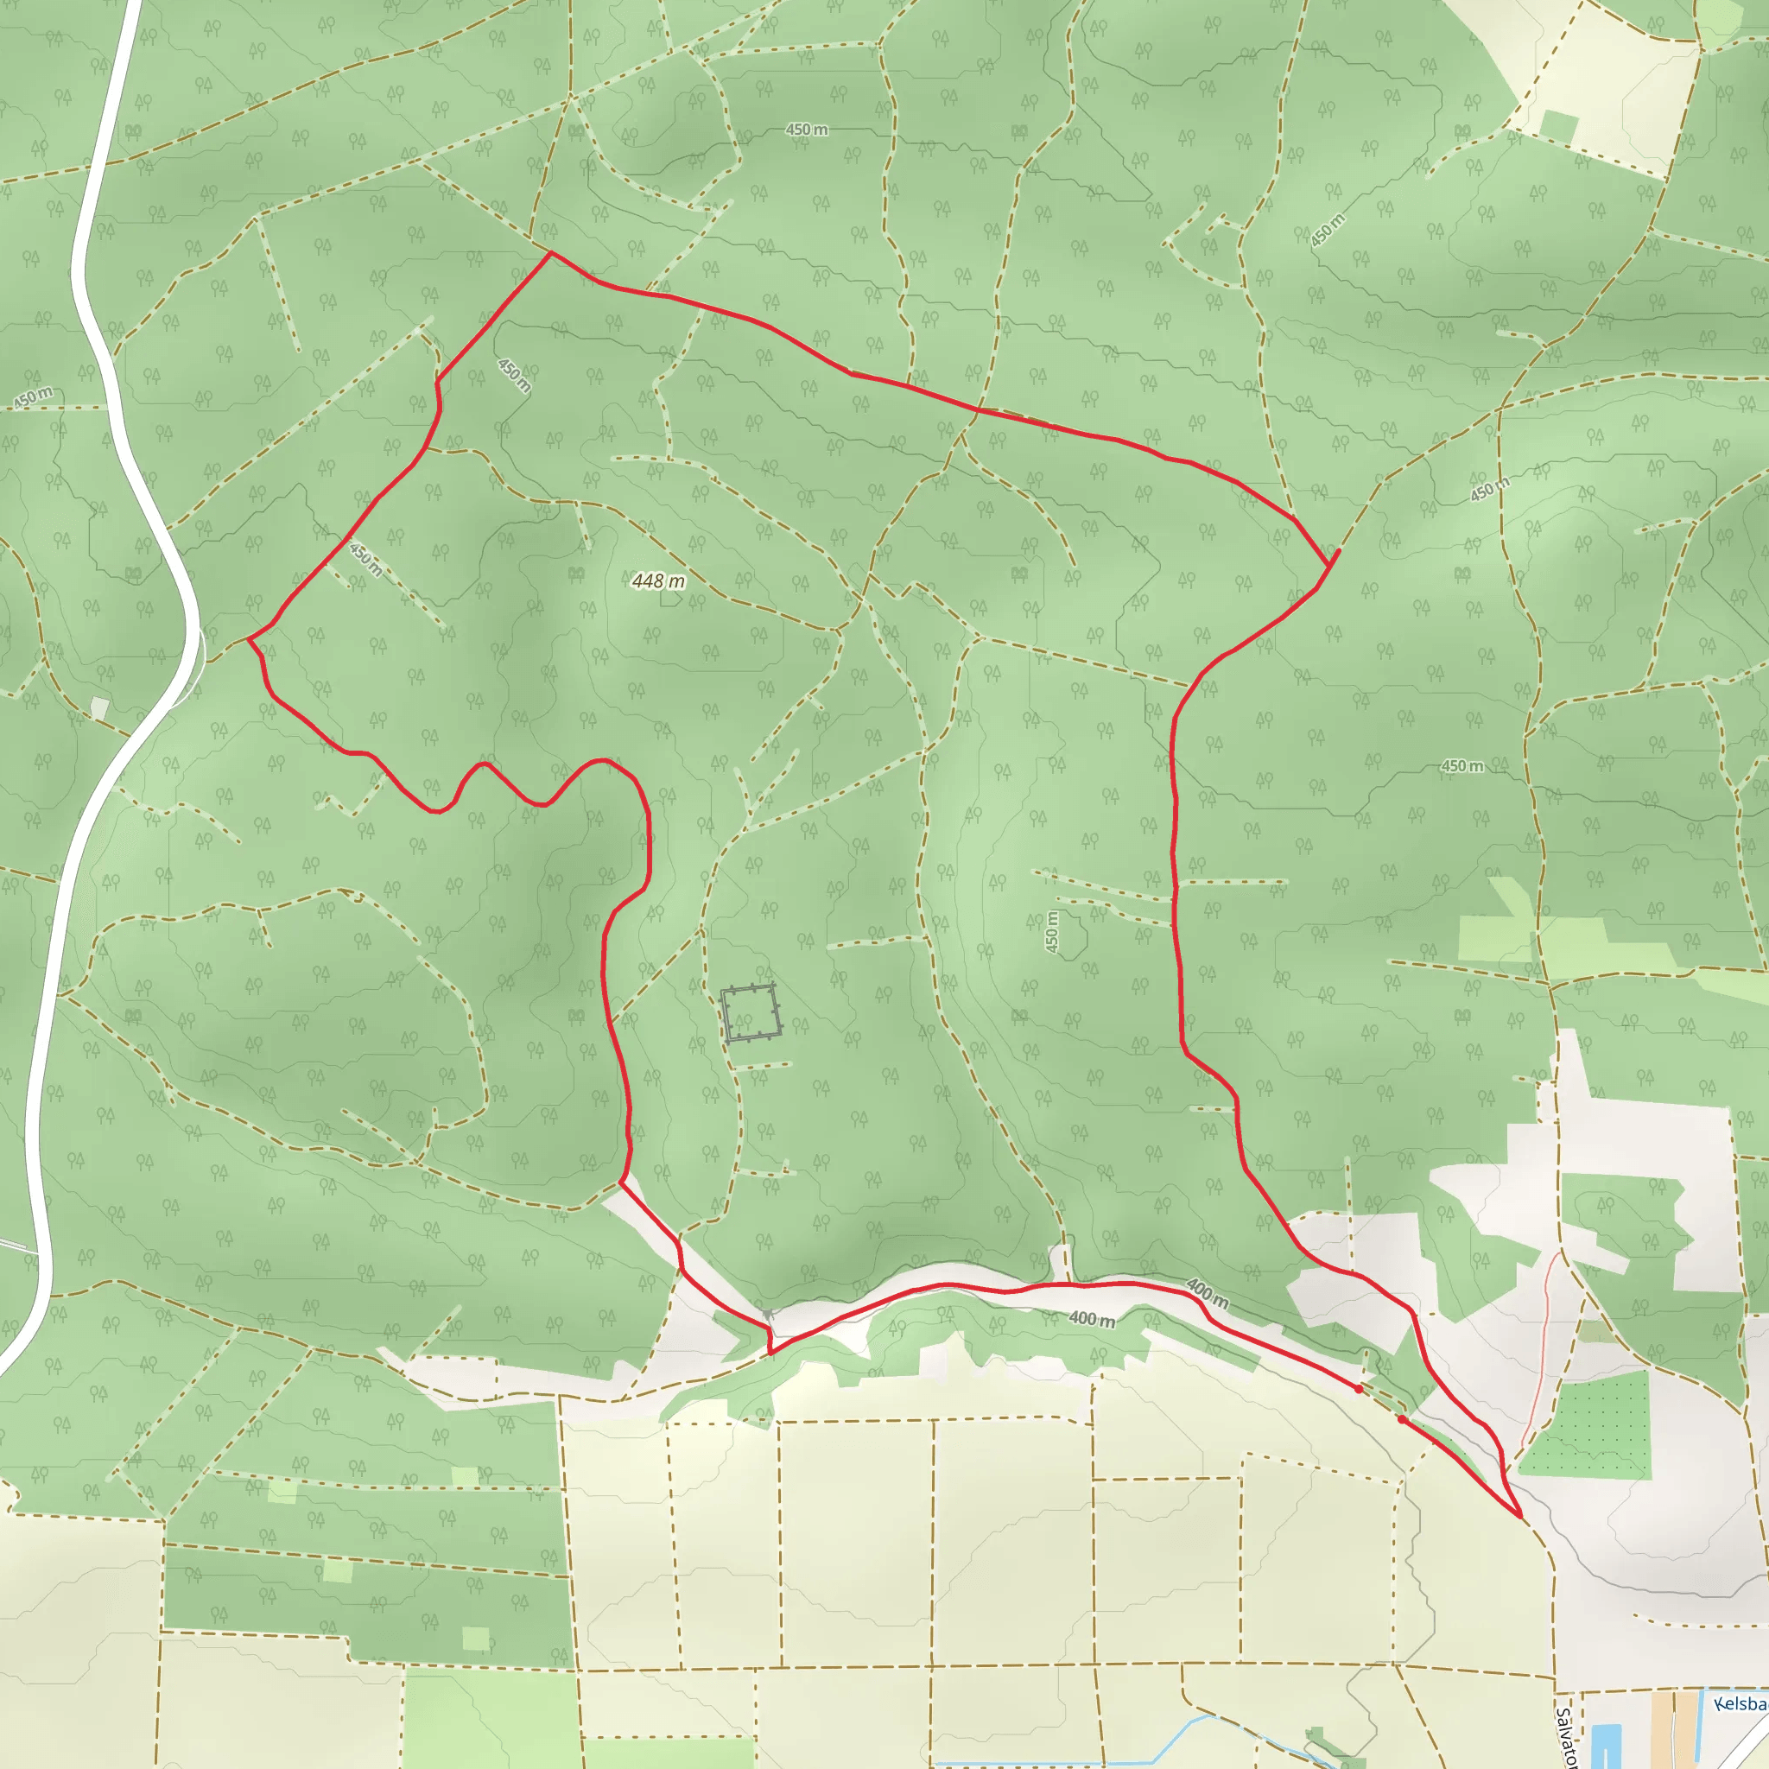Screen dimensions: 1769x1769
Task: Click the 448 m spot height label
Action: (x=658, y=580)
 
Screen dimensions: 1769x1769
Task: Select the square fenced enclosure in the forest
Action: (x=751, y=1012)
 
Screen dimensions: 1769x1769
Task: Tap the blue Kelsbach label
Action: (x=1740, y=1704)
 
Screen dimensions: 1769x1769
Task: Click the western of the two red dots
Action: (x=1359, y=1389)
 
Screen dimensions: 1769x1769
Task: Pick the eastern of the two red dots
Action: (x=1402, y=1419)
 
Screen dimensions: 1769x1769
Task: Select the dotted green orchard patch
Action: (x=1588, y=1428)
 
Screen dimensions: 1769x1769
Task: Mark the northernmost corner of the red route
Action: (x=550, y=253)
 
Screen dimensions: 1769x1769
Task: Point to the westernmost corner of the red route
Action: (x=249, y=639)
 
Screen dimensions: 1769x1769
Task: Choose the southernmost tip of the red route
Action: (x=1521, y=1517)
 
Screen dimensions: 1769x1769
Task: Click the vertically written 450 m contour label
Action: (x=1051, y=932)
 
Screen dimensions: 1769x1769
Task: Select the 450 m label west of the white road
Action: (x=33, y=398)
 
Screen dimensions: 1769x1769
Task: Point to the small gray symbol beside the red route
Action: (x=766, y=1314)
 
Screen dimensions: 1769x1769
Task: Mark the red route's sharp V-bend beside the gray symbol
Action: (x=771, y=1353)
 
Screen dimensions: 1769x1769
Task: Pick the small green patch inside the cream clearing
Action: (x=1558, y=127)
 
